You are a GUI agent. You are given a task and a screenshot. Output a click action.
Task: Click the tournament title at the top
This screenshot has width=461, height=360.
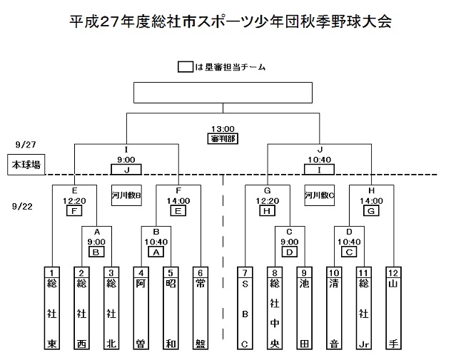point(230,21)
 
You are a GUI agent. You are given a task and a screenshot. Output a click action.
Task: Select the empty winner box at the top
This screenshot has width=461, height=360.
point(223,93)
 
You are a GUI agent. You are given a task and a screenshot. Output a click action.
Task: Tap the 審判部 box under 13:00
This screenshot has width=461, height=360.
point(223,138)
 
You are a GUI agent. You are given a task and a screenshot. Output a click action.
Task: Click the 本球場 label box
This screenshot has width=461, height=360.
point(24,165)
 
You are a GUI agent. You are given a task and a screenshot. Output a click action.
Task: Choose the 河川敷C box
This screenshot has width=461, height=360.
point(319,195)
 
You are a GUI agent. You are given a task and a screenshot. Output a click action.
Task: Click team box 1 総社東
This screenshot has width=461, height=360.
point(52,308)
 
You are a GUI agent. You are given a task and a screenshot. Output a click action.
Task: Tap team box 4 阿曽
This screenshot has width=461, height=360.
point(141,308)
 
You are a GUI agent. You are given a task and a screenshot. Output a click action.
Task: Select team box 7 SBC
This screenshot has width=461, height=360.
point(245,308)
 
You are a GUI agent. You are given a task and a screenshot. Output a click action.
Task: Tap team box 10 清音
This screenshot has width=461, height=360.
point(334,308)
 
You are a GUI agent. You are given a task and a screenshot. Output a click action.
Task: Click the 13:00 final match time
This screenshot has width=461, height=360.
point(223,129)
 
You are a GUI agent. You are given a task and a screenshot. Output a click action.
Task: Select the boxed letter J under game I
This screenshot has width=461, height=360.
point(126,170)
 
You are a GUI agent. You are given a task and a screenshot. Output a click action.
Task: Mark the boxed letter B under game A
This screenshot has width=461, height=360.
point(96,252)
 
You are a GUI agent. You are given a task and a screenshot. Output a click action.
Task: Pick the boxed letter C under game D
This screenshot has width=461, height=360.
point(350,252)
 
